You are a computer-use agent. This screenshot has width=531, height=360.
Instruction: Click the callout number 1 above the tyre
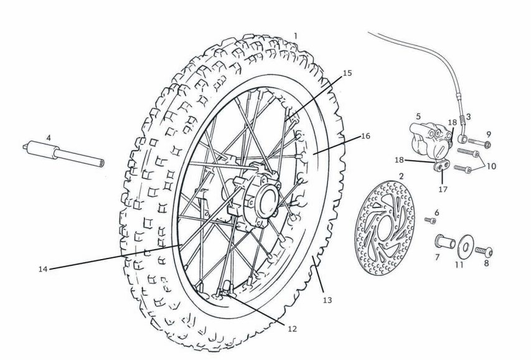[x=296, y=36]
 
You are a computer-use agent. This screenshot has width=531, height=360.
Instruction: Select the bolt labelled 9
[x=477, y=144]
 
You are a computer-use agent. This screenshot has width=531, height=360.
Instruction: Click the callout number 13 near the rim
[x=327, y=300]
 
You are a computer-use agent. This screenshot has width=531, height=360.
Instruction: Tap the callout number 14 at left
[x=42, y=269]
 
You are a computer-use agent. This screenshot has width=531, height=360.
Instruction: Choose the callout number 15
[x=347, y=73]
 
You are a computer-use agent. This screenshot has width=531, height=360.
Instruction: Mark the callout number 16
[x=365, y=135]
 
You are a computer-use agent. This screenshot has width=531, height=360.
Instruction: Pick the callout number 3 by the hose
[x=468, y=116]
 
